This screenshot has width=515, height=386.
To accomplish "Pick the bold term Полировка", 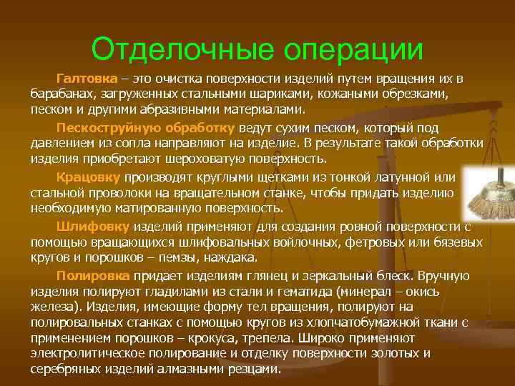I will point(93,275).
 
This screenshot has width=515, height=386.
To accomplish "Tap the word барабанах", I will point(59,94).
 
